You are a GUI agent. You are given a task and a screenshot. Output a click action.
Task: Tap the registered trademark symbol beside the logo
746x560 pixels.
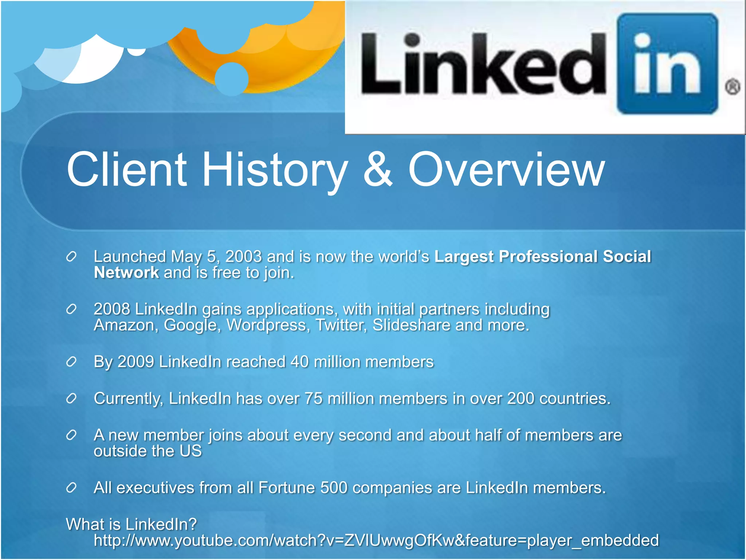(x=733, y=87)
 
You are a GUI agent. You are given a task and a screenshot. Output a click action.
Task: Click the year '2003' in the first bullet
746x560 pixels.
(x=243, y=257)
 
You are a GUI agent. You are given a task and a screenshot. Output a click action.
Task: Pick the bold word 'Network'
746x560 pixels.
(x=126, y=273)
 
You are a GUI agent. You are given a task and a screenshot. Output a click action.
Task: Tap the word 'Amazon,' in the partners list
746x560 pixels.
(x=126, y=325)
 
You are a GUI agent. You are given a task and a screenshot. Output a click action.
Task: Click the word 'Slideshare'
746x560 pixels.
(x=411, y=325)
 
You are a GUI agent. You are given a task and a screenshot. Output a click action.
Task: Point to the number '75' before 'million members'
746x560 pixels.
(x=313, y=398)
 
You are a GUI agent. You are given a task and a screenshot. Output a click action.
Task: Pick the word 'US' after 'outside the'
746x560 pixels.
(x=191, y=451)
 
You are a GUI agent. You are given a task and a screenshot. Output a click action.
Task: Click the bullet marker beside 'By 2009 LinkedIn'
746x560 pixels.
(x=71, y=362)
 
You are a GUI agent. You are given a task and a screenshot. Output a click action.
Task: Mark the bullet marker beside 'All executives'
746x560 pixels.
(x=71, y=488)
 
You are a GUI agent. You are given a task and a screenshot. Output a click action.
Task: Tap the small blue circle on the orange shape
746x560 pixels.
(x=232, y=79)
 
